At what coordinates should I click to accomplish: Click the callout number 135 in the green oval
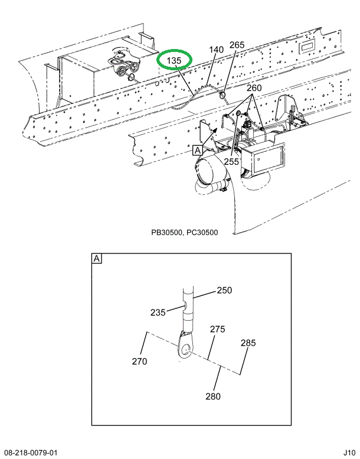click(174, 61)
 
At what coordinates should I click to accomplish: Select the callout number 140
click(217, 50)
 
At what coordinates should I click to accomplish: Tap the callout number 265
click(237, 45)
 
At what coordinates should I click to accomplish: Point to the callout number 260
click(254, 89)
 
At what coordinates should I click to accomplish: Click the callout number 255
click(231, 160)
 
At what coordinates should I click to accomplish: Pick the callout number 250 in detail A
click(224, 290)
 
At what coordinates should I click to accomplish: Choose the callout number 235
click(158, 313)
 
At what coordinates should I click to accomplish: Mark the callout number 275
click(217, 329)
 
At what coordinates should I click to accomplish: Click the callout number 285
click(247, 343)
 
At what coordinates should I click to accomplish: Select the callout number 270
click(140, 362)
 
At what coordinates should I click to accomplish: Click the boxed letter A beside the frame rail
click(197, 151)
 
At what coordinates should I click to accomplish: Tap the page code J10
click(348, 453)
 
